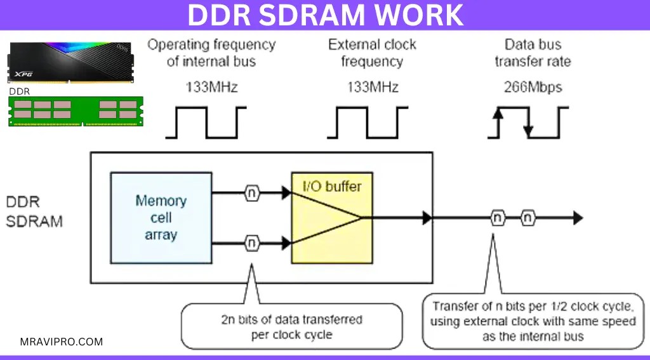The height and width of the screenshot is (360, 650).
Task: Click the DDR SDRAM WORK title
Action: tap(325, 15)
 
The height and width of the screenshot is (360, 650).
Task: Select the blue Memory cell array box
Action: tap(161, 217)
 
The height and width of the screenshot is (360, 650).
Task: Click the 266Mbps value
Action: tap(533, 87)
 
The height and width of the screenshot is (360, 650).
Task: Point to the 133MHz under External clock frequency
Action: tap(373, 87)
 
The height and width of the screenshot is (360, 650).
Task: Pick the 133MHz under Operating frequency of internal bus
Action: tap(211, 87)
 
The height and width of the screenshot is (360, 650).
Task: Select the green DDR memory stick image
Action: tap(76, 111)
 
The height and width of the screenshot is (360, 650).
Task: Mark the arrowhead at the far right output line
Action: tap(577, 218)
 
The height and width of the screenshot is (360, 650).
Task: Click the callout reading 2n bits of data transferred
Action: tap(292, 326)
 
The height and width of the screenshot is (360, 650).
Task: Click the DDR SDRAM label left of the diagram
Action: tap(35, 212)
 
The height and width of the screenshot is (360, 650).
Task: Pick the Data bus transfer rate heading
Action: tap(533, 53)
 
